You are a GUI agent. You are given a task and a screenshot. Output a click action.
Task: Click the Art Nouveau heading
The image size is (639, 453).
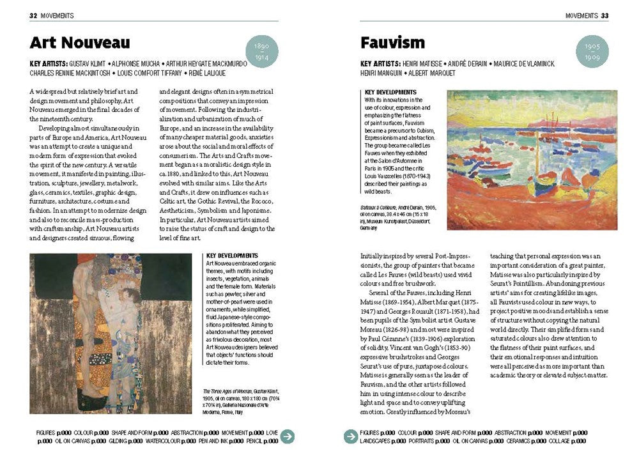point(80,43)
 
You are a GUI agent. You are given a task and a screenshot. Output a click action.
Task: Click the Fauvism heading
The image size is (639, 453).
point(392,43)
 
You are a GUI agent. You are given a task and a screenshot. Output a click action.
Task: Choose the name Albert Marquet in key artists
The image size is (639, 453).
point(436,73)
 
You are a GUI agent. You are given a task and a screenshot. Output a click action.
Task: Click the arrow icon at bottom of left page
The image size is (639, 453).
point(288,436)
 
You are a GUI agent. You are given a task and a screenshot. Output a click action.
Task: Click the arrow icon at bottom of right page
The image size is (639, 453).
point(350,436)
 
